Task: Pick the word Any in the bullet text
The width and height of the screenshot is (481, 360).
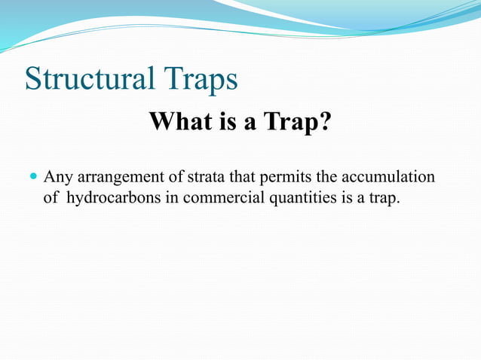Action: (57, 178)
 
